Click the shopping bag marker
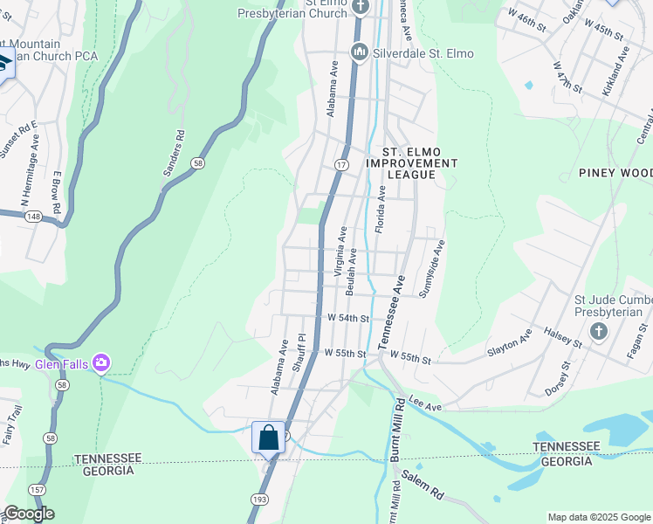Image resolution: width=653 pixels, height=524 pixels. pos(268,437)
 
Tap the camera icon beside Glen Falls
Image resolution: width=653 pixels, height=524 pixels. pos(102,362)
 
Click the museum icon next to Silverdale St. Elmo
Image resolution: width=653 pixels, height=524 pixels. pos(359,54)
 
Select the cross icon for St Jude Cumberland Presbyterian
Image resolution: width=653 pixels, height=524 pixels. pos(599,331)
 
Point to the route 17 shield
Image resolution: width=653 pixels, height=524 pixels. pos(341,165)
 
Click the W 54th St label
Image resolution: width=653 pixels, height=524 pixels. pos(348,319)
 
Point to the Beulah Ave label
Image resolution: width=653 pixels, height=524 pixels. pos(351,269)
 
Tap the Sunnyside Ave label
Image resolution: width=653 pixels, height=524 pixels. pos(432,268)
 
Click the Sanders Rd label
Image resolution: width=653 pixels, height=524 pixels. pos(175,154)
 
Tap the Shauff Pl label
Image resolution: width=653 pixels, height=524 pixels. pos(300,353)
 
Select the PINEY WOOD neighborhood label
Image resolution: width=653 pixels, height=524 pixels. pos(615,173)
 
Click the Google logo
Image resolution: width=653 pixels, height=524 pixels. pos(29,514)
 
